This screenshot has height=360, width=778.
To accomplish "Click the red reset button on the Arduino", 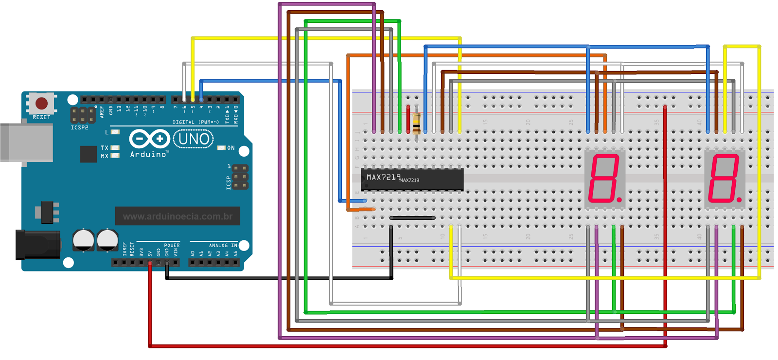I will tap(41, 103).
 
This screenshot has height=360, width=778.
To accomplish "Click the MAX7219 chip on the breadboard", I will tap(411, 179).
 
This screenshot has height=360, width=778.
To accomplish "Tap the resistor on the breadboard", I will tap(416, 124).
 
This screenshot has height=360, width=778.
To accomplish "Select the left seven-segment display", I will tap(604, 179).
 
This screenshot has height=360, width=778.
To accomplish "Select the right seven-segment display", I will tap(725, 179).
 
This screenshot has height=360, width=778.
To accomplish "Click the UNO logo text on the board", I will tap(194, 139).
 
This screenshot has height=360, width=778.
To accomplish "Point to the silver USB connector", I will tap(26, 143).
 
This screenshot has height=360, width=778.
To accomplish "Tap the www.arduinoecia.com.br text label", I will tap(177, 216).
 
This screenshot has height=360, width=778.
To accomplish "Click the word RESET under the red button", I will tap(41, 117).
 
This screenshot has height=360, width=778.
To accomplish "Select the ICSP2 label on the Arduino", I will tap(79, 127).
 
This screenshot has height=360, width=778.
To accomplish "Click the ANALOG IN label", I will tap(223, 245).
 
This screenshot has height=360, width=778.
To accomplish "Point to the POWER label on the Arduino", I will tap(172, 245).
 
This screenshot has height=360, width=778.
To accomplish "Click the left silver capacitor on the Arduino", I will tap(83, 240).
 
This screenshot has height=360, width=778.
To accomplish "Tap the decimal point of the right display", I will tap(740, 199).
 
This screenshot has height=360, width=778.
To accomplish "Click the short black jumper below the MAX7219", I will tap(412, 218).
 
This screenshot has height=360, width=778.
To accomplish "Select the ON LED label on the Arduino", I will tap(230, 148).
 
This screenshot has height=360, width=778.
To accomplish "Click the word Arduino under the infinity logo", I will tap(149, 154).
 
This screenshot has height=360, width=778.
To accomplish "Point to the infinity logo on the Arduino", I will tap(149, 139).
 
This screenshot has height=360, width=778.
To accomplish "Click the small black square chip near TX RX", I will tap(88, 154).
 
